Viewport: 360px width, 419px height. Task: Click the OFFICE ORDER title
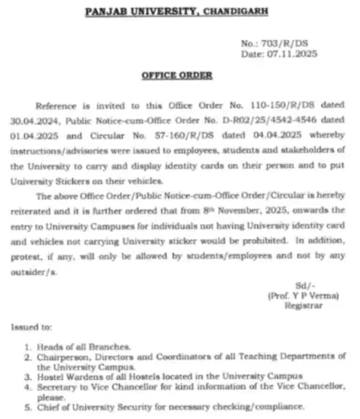pyautogui.click(x=177, y=75)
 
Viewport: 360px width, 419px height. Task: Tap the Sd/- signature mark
pyautogui.click(x=304, y=285)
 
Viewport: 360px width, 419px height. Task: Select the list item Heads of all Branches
pyautogui.click(x=84, y=346)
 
